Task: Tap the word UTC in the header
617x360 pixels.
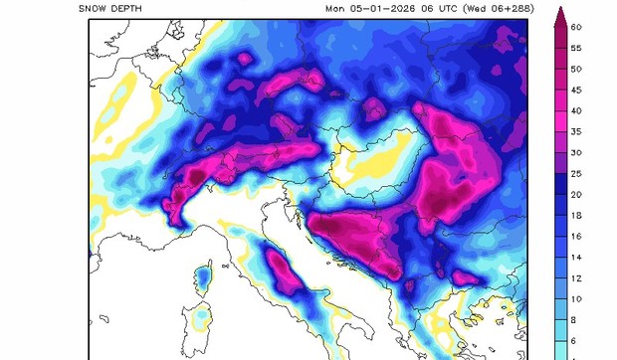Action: click(452, 9)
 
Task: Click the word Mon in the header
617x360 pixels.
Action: click(335, 9)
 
